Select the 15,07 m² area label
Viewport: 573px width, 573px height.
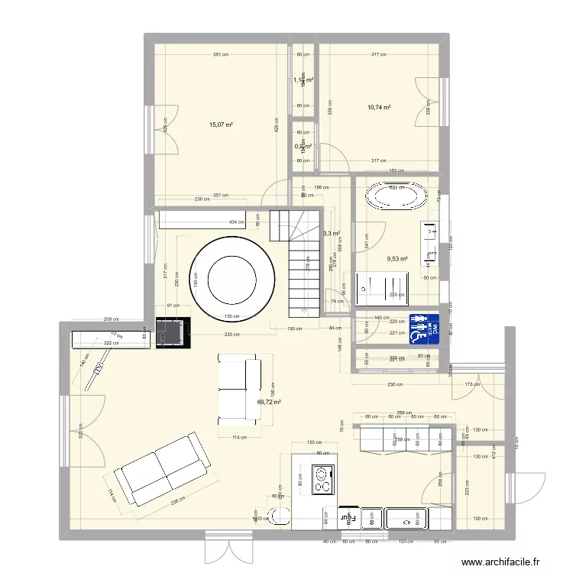(x=222, y=125)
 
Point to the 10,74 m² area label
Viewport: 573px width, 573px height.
(x=379, y=108)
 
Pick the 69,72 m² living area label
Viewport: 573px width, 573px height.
(x=269, y=402)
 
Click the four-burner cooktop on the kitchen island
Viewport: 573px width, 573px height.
(x=325, y=481)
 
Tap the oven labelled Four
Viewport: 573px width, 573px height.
(x=348, y=517)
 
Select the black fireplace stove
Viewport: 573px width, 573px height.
(x=172, y=332)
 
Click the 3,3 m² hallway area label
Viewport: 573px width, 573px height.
(x=331, y=234)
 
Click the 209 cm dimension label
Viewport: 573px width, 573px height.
(x=112, y=319)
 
